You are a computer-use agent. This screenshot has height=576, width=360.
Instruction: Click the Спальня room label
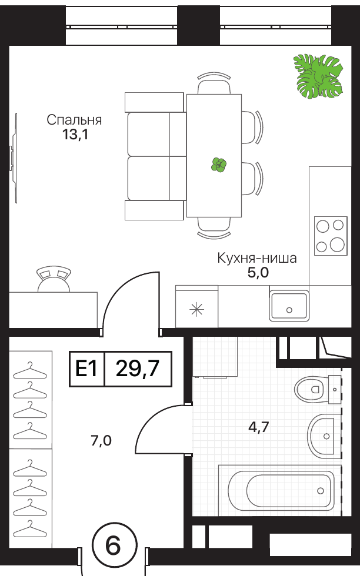pos(74,120)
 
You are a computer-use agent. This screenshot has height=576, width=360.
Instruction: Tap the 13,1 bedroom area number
pos(75,135)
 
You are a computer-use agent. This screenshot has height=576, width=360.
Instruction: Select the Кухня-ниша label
pos(257,258)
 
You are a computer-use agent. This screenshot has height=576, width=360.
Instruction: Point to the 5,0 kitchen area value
pos(258,273)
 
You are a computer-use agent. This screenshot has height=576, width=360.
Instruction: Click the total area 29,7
pos(138,369)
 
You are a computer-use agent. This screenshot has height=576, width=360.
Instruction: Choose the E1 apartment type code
pos(86,369)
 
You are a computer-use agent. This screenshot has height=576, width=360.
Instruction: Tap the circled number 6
pos(113,545)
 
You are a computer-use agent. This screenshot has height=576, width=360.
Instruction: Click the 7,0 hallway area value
pos(101,440)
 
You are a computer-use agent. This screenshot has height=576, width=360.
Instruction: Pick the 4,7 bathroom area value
pos(258,427)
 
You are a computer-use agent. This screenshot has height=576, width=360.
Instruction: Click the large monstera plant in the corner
pos(318,76)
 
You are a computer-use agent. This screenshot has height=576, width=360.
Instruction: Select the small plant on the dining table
pos(218,165)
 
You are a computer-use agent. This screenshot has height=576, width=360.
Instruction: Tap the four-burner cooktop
pos(331,236)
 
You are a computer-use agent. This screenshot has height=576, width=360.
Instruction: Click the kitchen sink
pos(289,306)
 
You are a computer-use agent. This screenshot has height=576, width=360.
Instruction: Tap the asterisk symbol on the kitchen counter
pos(196,310)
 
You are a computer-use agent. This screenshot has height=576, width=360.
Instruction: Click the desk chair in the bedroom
pos(54,279)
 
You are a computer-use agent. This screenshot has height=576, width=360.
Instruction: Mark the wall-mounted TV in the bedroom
pos(14,158)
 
